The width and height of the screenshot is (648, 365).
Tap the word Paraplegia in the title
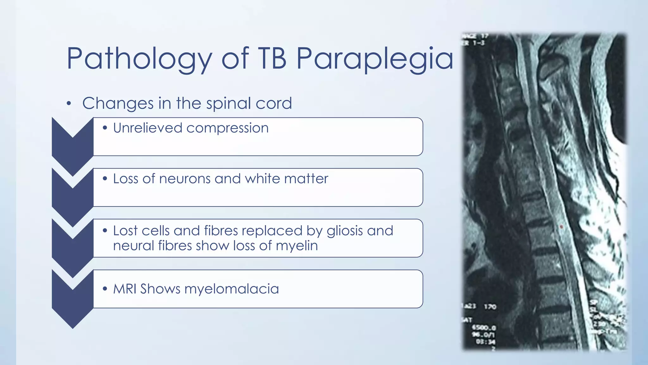pos(375,59)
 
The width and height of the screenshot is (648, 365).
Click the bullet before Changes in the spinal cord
pos(69,104)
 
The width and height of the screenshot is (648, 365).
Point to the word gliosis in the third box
pos(345,231)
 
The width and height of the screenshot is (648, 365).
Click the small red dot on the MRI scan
pos(561,227)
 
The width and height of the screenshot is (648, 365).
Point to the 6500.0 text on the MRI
pos(484,327)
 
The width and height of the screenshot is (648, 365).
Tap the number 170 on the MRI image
pos(490,306)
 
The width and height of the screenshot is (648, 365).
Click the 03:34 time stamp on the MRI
pos(485,342)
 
